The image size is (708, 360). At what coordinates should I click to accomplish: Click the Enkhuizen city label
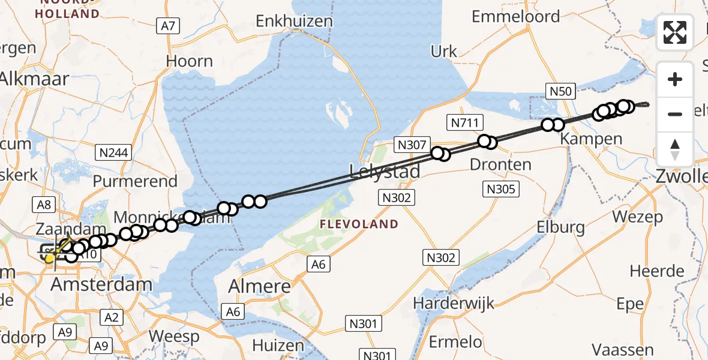click(x=294, y=22)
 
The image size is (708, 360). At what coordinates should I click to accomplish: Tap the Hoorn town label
click(x=190, y=61)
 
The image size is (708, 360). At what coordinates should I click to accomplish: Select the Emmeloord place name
click(x=516, y=17)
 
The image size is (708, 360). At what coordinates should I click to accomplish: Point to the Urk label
click(x=444, y=52)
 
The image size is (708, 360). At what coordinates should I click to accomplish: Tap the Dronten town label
click(x=500, y=164)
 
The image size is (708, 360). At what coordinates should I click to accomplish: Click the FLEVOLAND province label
click(x=359, y=224)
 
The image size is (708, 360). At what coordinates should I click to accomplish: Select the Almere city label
click(x=259, y=286)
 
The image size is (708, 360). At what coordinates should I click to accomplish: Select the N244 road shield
click(x=114, y=153)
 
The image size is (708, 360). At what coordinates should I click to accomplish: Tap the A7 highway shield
click(x=168, y=26)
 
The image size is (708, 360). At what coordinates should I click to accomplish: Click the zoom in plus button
click(x=675, y=79)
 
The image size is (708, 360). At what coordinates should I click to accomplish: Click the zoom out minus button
click(x=675, y=114)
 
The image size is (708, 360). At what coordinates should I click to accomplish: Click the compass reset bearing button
click(x=675, y=149)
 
